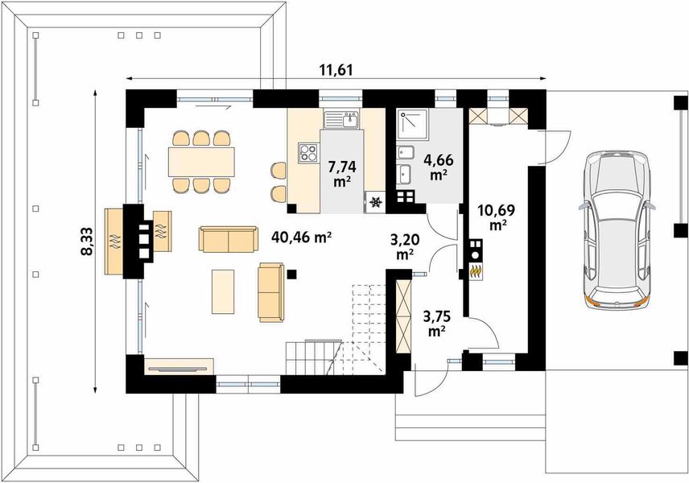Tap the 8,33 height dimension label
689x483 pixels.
click(x=87, y=242)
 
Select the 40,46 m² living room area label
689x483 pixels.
click(x=301, y=237)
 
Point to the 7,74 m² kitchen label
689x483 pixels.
click(x=342, y=174)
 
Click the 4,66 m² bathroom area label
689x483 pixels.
click(x=438, y=167)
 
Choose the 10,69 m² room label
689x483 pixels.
click(x=496, y=217)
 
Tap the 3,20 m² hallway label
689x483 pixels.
click(x=405, y=246)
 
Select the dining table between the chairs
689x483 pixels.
click(x=201, y=162)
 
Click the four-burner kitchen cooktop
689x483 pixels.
click(x=308, y=153)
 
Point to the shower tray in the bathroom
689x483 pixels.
click(x=413, y=125)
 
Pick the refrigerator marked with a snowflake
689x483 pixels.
click(x=375, y=203)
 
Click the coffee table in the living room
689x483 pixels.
click(x=223, y=292)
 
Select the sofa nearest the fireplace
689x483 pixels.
click(x=228, y=239)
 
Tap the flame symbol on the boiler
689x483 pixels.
click(x=475, y=271)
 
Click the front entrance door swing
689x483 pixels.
click(x=430, y=380)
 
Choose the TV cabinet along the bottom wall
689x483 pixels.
click(x=179, y=366)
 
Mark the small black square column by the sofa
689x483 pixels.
click(x=292, y=275)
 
